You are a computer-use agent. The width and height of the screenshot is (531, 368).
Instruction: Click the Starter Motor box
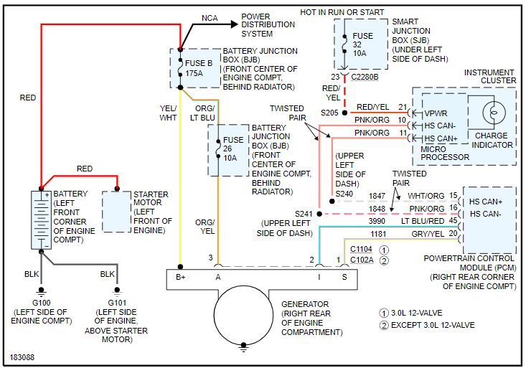[116, 211]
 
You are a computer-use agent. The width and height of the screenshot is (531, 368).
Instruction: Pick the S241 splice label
[304, 214]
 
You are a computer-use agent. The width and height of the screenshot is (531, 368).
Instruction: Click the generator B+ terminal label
[180, 276]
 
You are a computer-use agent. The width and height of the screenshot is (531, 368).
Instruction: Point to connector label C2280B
[365, 76]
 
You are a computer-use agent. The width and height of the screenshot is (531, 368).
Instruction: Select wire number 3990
[377, 222]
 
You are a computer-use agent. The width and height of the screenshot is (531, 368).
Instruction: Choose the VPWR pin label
[436, 113]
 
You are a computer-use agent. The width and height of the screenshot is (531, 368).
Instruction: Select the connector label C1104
[362, 248]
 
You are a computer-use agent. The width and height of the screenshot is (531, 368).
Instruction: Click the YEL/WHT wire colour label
[168, 113]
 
